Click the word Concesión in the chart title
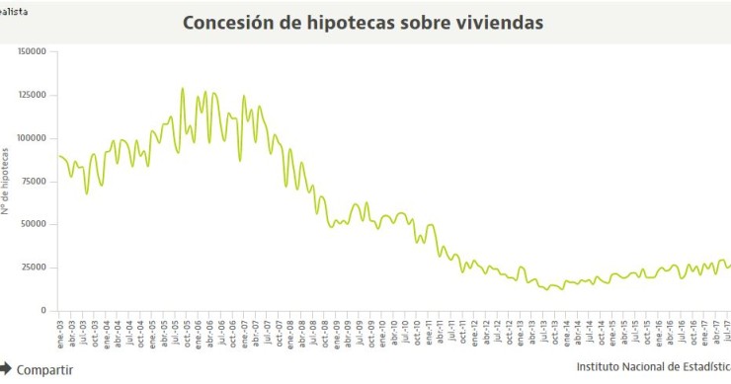227,22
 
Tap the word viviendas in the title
500,22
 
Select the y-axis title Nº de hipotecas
6,182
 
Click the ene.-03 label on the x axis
59,333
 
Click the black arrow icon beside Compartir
5,368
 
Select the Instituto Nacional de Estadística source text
653,368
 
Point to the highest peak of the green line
182,89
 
